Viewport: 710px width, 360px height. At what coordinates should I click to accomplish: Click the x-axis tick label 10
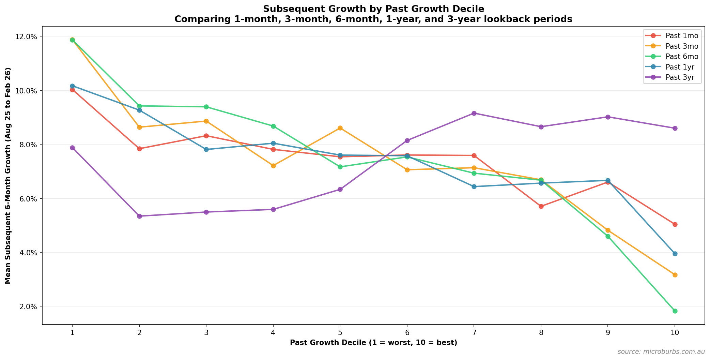coord(675,332)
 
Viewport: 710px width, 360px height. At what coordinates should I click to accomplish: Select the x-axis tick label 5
coord(340,332)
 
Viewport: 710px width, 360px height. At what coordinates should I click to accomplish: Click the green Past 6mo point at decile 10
coord(675,311)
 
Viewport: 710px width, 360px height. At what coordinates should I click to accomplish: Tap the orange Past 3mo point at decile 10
coord(675,275)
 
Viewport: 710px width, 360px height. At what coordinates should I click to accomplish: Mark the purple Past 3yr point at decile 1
coord(72,148)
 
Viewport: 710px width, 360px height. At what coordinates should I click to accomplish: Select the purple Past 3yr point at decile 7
coord(474,113)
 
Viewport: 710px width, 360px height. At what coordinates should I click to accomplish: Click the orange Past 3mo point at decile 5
coord(340,128)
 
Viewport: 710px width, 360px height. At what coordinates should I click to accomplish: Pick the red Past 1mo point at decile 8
coord(541,206)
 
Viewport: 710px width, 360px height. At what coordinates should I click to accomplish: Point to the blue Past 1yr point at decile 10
coord(675,254)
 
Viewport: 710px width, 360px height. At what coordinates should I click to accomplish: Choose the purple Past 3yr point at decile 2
coord(139,216)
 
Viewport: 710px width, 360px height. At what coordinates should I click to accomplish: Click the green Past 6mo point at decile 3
coord(206,107)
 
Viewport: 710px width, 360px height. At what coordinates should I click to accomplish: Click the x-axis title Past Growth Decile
coord(373,343)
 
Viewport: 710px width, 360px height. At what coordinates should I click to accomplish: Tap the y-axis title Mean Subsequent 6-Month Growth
coord(8,175)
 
